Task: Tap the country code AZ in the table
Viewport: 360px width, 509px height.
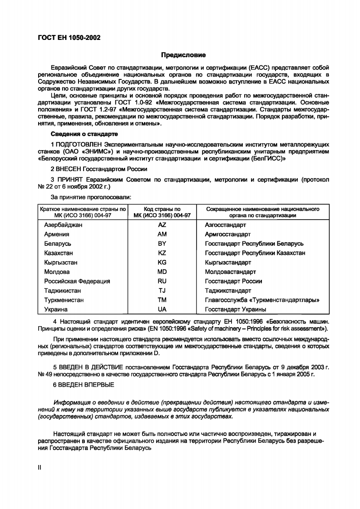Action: click(162, 225)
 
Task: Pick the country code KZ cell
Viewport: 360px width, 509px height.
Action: click(162, 253)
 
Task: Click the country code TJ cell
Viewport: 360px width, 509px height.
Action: click(162, 290)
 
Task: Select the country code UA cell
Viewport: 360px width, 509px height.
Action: click(162, 309)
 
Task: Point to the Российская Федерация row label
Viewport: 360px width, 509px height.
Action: click(77, 281)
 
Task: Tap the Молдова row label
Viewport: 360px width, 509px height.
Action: click(57, 272)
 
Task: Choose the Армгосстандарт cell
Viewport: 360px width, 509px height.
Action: click(228, 235)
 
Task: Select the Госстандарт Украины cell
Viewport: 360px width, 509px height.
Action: click(235, 309)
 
